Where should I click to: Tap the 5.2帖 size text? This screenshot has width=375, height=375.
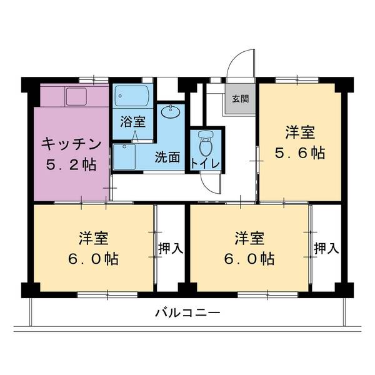pyautogui.click(x=71, y=166)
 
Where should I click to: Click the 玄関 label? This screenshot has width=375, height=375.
pyautogui.click(x=240, y=99)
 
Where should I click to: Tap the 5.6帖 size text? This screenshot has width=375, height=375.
pyautogui.click(x=301, y=153)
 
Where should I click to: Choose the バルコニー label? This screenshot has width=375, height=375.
pyautogui.click(x=187, y=313)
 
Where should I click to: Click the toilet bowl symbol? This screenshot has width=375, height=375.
pyautogui.click(x=205, y=144)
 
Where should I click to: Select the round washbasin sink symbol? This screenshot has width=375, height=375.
pyautogui.click(x=169, y=113)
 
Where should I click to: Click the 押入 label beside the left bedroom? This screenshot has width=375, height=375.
pyautogui.click(x=170, y=248)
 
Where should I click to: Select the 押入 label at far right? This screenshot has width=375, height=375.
pyautogui.click(x=326, y=248)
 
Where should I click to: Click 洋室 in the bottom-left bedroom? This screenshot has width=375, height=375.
pyautogui.click(x=93, y=238)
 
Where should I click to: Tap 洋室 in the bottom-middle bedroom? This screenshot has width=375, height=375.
pyautogui.click(x=249, y=238)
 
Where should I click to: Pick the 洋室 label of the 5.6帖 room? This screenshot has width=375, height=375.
pyautogui.click(x=301, y=132)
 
